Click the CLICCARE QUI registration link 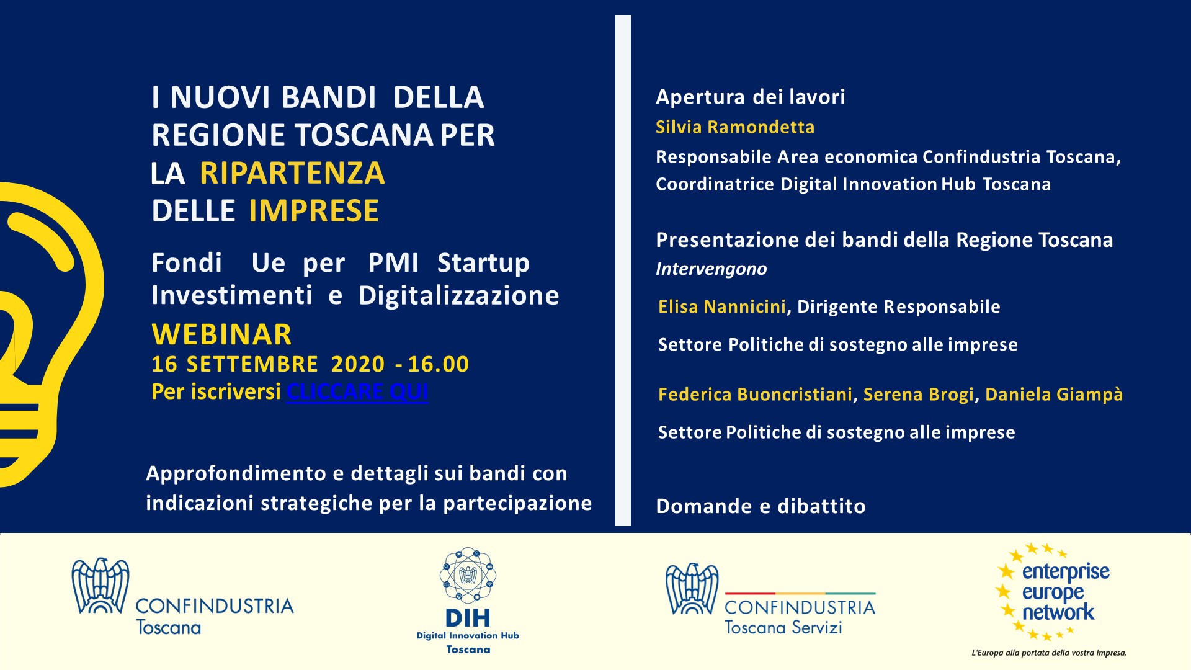click(357, 392)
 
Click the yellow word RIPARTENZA click(292, 173)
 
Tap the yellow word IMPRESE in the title click(314, 211)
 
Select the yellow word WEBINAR click(221, 334)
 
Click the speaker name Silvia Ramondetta click(735, 127)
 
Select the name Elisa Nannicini click(722, 306)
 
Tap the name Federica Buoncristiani click(756, 395)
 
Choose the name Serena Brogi click(919, 395)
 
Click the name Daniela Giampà click(1054, 395)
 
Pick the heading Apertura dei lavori click(751, 97)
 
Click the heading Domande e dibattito click(761, 506)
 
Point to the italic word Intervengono click(711, 269)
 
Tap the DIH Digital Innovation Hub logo click(468, 601)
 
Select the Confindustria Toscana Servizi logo click(770, 599)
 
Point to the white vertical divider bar click(623, 270)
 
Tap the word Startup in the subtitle click(483, 264)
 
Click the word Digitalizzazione click(459, 296)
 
